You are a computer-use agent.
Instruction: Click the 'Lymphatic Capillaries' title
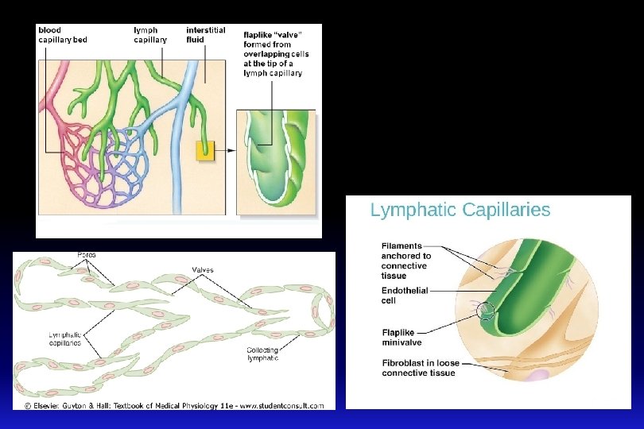(x=460, y=211)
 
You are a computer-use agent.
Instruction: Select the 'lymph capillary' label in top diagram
(x=150, y=35)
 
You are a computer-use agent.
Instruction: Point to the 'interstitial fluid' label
(x=205, y=35)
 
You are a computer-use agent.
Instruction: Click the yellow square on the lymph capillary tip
(x=206, y=149)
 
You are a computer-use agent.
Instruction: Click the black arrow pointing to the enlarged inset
(x=227, y=149)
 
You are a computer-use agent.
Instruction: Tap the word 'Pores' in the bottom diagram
(x=87, y=255)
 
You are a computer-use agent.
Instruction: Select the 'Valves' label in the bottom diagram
(x=202, y=270)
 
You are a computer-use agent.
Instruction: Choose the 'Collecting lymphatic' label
(x=262, y=354)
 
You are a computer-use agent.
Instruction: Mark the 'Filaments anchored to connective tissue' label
(x=406, y=261)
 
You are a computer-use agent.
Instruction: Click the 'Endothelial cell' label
(x=405, y=296)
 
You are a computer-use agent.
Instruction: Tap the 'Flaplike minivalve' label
(x=402, y=338)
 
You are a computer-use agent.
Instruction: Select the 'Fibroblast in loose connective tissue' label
(x=418, y=368)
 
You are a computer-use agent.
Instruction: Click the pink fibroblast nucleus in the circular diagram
(x=541, y=376)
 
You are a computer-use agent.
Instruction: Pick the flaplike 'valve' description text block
(x=276, y=52)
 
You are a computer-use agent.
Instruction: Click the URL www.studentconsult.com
(x=282, y=406)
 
